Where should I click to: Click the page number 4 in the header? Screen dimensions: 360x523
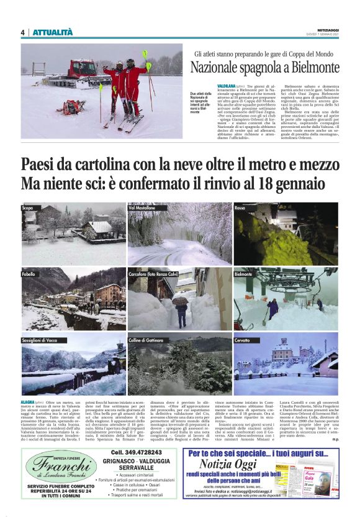click(x=22, y=32)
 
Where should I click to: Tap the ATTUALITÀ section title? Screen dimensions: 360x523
click(x=52, y=32)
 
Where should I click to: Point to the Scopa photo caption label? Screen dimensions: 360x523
click(x=27, y=207)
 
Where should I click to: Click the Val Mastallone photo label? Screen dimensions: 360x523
click(x=143, y=207)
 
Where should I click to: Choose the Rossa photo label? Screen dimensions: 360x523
click(x=240, y=207)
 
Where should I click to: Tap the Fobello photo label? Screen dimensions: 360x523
click(x=29, y=273)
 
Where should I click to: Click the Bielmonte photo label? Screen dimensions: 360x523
click(x=243, y=273)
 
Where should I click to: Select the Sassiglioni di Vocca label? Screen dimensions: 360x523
click(x=39, y=340)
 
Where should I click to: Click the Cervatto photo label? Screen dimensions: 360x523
click(x=243, y=340)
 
